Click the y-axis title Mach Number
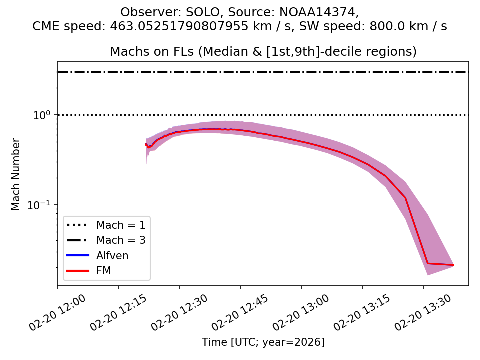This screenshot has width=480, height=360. pos(16,174)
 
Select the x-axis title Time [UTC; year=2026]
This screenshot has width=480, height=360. pos(263,342)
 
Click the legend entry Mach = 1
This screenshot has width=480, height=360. pos(121,225)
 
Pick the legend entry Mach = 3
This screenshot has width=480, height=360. pos(121,240)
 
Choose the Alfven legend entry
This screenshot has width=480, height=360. pos(112,256)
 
